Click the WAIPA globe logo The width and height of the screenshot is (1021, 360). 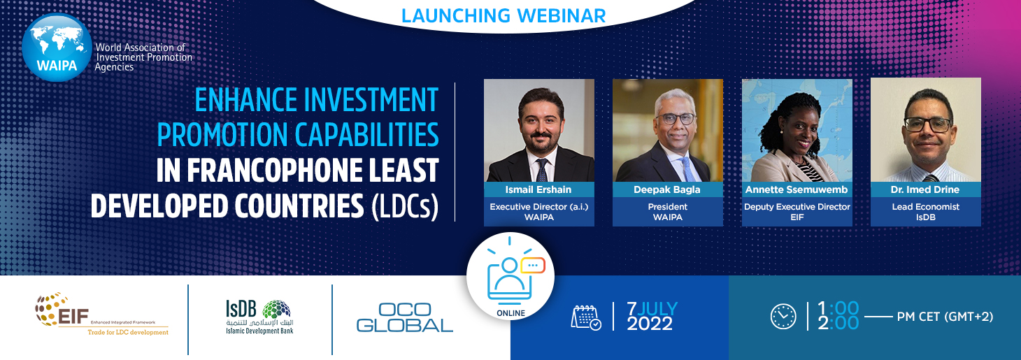(57, 48)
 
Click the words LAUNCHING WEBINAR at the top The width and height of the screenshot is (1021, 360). (504, 16)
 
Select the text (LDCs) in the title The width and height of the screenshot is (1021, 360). (405, 206)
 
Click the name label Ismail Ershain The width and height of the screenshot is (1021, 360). (538, 189)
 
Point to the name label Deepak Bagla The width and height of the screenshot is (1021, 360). (667, 189)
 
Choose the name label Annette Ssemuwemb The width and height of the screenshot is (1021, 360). (797, 189)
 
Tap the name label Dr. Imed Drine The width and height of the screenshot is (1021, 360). (925, 189)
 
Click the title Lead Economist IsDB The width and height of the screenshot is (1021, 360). (926, 212)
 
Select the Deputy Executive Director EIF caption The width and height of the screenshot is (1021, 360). (797, 212)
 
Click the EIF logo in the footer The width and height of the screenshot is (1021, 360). (101, 315)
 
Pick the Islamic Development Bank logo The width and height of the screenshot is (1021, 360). (260, 317)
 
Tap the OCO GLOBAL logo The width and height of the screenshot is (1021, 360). (405, 317)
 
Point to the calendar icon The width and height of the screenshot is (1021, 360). (586, 317)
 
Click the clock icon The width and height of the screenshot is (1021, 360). (783, 316)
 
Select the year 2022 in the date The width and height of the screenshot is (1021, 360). (650, 324)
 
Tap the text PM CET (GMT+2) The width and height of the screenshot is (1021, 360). (945, 317)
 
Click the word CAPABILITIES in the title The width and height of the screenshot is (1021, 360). (367, 135)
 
